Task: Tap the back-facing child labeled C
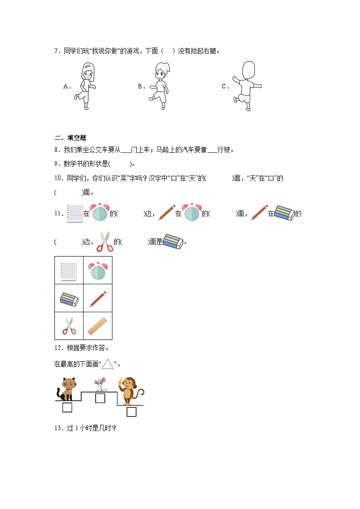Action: (246, 85)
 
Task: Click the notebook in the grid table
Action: (69, 271)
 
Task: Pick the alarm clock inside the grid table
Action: (98, 271)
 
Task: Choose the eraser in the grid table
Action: (69, 299)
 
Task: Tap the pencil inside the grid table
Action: (98, 299)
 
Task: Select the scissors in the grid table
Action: (69, 325)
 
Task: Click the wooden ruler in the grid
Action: (97, 325)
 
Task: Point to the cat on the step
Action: (67, 389)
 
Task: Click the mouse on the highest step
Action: (99, 384)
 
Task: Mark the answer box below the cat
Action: (67, 407)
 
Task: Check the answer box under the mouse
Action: (100, 398)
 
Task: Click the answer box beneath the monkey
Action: (131, 412)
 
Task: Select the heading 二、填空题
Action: (70, 138)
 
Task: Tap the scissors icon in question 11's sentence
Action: (105, 241)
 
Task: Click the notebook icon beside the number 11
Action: (75, 213)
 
